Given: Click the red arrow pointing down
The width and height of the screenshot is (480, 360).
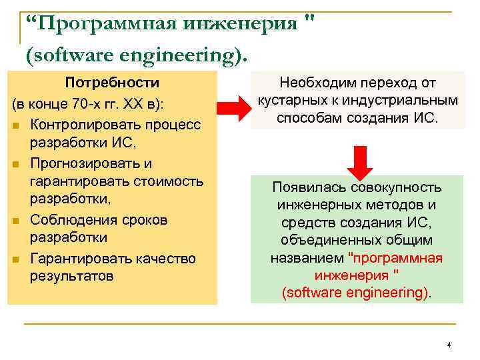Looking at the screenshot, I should pyautogui.click(x=361, y=159).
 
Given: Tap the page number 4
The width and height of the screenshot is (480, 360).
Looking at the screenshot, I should pyautogui.click(x=449, y=345).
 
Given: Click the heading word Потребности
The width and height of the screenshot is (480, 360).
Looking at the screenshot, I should pyautogui.click(x=111, y=83).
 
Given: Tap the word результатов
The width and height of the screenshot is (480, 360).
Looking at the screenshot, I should pyautogui.click(x=72, y=275).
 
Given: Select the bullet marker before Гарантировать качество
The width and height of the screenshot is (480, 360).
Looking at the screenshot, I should pyautogui.click(x=15, y=259).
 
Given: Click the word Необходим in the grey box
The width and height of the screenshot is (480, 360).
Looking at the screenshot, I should pyautogui.click(x=315, y=83).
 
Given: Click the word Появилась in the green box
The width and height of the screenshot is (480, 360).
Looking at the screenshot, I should pyautogui.click(x=305, y=189).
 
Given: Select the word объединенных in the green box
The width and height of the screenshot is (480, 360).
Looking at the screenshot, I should pyautogui.click(x=326, y=240).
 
